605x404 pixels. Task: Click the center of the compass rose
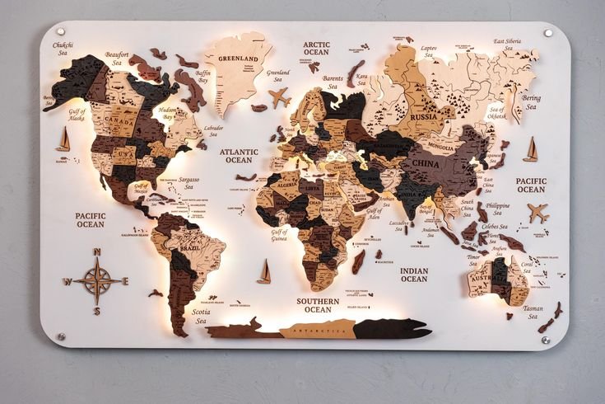point(96,280)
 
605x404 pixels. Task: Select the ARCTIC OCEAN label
point(316,48)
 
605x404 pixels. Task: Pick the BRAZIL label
point(191,248)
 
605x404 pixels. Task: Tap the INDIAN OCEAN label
point(413,275)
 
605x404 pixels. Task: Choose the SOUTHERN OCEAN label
point(318,305)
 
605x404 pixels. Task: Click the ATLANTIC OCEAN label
point(240,156)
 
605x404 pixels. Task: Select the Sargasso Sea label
point(188,182)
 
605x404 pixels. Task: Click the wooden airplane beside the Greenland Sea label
point(280,96)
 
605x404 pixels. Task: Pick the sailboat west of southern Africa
point(264,271)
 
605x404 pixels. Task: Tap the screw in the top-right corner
point(548,33)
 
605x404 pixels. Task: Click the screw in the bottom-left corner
point(60,336)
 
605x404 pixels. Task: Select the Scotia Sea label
point(200,316)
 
